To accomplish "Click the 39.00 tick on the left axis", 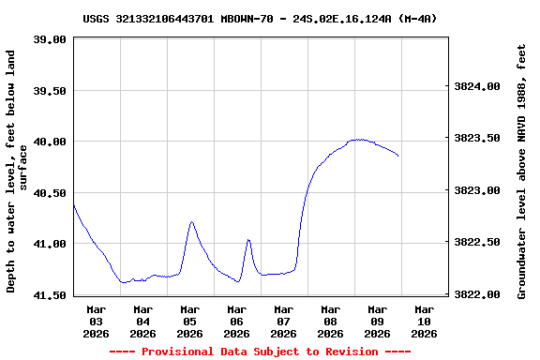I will click(50, 39).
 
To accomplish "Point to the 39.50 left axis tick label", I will click(50, 91).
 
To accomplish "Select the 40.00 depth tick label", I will click(50, 142).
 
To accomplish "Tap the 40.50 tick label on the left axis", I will click(50, 193).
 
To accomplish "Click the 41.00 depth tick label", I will click(50, 244).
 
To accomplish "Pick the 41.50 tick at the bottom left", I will click(50, 295).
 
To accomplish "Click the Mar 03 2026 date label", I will click(96, 321).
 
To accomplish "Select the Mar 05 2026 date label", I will click(189, 321).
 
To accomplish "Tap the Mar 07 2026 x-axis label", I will click(283, 321).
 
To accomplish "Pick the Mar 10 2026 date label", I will click(424, 321).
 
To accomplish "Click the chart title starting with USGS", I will click(260, 18).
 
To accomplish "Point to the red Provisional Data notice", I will click(260, 352).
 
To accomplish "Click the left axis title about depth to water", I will click(16, 172).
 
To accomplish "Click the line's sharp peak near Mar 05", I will click(191, 222).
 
